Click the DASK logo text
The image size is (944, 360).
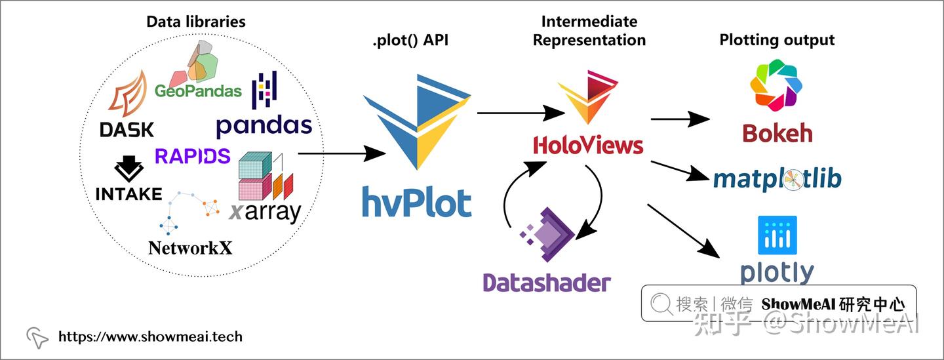[127, 129]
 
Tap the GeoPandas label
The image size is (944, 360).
[198, 90]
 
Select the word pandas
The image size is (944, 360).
[264, 126]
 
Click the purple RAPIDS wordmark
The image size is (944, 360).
[193, 155]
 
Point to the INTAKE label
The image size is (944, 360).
[128, 193]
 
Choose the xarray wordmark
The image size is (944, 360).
[265, 212]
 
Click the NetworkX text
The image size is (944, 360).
[190, 247]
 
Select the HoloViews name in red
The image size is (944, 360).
[588, 145]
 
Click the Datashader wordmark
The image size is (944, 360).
[547, 283]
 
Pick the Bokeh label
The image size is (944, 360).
[777, 133]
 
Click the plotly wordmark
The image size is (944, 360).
[777, 272]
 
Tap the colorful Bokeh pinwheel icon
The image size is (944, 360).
[777, 85]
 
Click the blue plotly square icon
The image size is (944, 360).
[777, 235]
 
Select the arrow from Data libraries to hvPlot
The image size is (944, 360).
[341, 154]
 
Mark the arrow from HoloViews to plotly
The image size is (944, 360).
[682, 230]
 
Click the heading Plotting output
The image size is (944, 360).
[777, 39]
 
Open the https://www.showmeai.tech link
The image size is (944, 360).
[150, 337]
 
